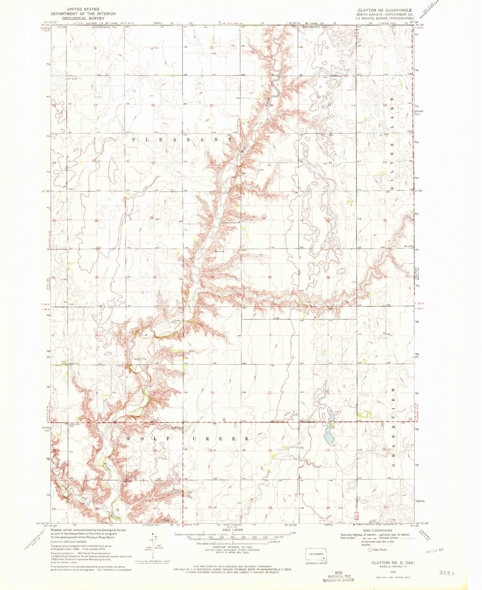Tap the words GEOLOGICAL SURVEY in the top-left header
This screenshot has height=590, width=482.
coord(83,19)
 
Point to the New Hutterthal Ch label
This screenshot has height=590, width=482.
coord(230,222)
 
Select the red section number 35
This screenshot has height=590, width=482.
coord(270,277)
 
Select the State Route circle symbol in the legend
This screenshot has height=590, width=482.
coord(370,549)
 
